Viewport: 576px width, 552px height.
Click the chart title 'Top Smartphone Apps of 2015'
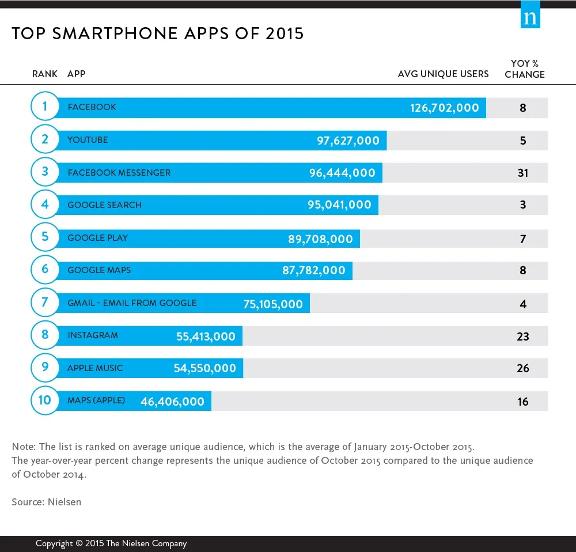[x=157, y=33]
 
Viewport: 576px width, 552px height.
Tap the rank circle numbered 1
[x=45, y=107]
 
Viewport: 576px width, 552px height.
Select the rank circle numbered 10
[x=45, y=400]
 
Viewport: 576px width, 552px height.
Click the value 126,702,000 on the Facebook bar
[x=444, y=108]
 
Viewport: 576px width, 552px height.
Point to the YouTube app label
[x=88, y=140]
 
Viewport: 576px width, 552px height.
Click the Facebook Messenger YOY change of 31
[x=522, y=173]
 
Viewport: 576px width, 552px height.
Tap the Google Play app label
[x=97, y=237]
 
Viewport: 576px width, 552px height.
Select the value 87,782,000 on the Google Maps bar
[x=313, y=270]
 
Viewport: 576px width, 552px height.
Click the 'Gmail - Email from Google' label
[x=132, y=303]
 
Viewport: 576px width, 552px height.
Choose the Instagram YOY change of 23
[x=522, y=336]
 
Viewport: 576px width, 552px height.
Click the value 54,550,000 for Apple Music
[x=204, y=368]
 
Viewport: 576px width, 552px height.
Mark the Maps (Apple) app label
[x=96, y=400]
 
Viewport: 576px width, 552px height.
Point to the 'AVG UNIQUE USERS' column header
[x=443, y=74]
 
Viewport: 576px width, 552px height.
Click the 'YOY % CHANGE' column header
[x=524, y=69]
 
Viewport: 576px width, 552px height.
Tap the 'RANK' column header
[x=45, y=74]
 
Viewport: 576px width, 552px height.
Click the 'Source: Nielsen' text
[x=47, y=502]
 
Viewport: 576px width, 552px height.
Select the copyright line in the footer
[x=111, y=543]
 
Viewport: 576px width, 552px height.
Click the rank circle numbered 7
[x=45, y=302]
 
